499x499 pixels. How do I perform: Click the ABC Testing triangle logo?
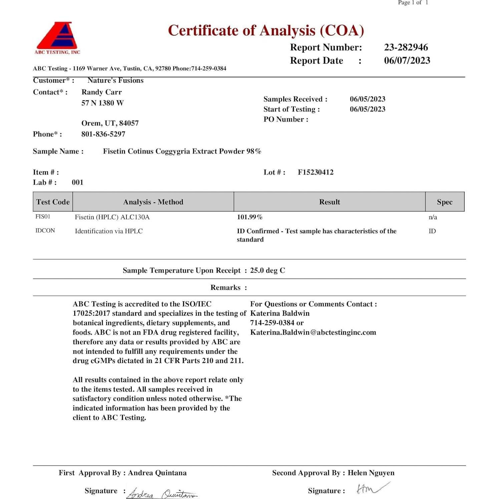[57, 37]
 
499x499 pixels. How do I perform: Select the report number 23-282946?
[406, 47]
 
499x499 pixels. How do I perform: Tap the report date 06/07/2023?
[407, 60]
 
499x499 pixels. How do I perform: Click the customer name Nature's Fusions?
[115, 80]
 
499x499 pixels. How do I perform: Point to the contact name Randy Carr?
[101, 92]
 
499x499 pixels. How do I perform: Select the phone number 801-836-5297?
[103, 134]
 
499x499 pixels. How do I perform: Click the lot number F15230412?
[315, 172]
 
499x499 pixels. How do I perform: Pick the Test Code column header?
[53, 202]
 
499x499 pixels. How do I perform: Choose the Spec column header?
[445, 202]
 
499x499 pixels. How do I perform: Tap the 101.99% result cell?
[250, 217]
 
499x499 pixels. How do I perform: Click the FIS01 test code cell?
[43, 217]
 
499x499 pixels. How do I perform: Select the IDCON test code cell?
[45, 231]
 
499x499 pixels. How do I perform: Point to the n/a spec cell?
[433, 217]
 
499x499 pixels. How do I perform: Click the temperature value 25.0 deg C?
[268, 270]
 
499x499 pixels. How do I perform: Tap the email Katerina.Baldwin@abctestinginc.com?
[313, 332]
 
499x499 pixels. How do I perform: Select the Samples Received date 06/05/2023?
[367, 99]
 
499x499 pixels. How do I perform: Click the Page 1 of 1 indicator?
[413, 3]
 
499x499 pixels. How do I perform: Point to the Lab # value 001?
[77, 183]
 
